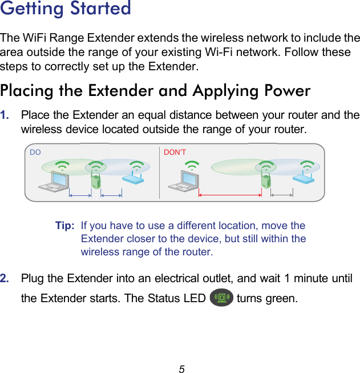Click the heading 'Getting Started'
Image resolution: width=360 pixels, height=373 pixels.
pyautogui.click(x=66, y=9)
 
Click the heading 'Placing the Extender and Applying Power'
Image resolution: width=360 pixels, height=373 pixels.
pyautogui.click(x=155, y=91)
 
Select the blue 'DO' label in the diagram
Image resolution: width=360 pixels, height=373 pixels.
pyautogui.click(x=35, y=153)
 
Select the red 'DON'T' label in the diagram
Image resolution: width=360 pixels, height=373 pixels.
pyautogui.click(x=175, y=153)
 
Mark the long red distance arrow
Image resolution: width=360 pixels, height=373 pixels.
pyautogui.click(x=229, y=195)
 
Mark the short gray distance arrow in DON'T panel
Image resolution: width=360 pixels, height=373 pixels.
pyautogui.click(x=281, y=195)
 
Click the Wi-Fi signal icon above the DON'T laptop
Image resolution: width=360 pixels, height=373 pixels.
pyautogui.click(x=192, y=166)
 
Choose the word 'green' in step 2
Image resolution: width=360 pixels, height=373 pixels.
pyautogui.click(x=281, y=299)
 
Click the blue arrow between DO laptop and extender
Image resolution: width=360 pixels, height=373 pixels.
pyautogui.click(x=80, y=195)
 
